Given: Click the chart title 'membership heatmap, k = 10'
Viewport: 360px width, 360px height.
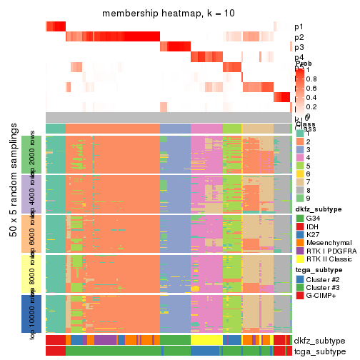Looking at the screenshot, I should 168,14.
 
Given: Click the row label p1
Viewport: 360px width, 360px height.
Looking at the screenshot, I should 299,27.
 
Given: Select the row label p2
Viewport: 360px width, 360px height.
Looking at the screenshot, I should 299,37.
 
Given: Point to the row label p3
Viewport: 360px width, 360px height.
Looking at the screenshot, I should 299,48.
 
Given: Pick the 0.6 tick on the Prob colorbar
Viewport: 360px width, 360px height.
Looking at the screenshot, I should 311,89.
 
